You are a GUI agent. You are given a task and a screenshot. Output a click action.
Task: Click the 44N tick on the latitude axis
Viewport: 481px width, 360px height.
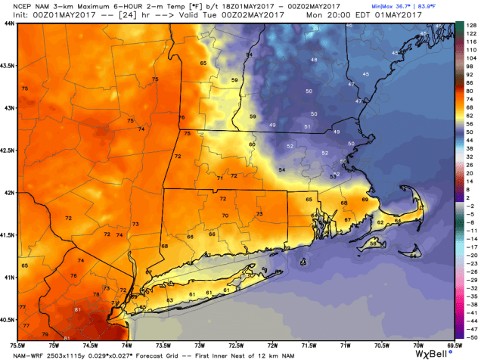[8, 23]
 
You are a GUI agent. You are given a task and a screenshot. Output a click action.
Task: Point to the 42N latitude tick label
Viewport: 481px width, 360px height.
[8, 193]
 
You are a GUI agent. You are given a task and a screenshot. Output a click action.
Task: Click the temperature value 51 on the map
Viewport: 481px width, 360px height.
[307, 126]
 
